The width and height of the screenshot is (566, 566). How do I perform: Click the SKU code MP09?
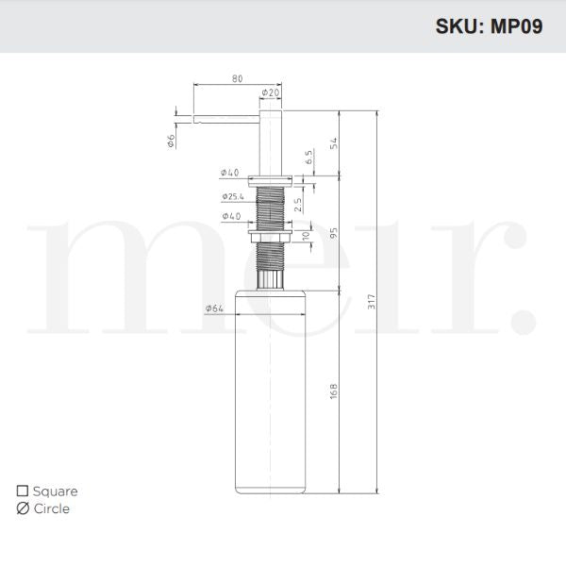[x=514, y=26]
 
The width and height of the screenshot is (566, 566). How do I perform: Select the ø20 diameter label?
[x=270, y=92]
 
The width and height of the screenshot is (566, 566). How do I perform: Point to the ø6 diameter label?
[x=171, y=141]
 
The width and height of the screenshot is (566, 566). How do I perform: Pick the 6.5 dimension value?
[x=308, y=158]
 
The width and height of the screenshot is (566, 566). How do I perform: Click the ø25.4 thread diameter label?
[x=233, y=197]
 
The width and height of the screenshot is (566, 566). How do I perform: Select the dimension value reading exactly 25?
[x=298, y=203]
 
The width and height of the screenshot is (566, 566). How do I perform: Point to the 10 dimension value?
[x=305, y=235]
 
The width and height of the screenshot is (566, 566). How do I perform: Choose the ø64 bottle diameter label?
[x=213, y=308]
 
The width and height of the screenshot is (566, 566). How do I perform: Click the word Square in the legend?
[x=55, y=491]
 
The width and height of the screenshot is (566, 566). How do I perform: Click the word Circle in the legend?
[x=51, y=508]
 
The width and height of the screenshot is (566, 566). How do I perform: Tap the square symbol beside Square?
[x=23, y=491]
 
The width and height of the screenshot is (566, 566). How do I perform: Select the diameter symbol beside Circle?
[x=23, y=508]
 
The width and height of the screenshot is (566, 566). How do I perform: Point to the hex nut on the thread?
[x=272, y=236]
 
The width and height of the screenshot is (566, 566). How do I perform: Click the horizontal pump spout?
[x=226, y=119]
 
